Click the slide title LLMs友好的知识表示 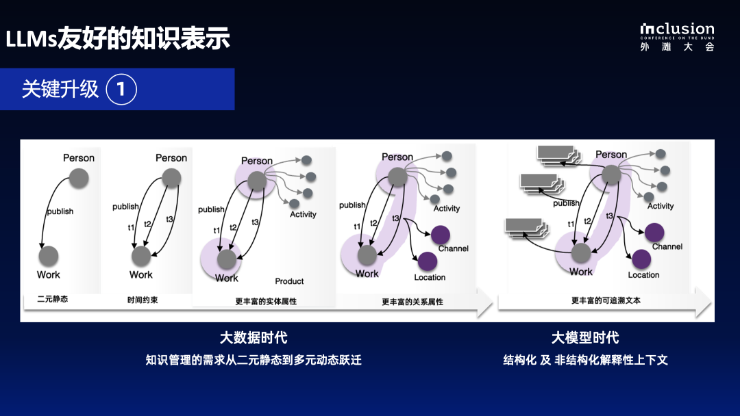[118, 38]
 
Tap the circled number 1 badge [122, 89]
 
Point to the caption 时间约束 [143, 300]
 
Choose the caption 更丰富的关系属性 [412, 301]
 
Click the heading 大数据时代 [254, 337]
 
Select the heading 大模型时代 [585, 337]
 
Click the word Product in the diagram [289, 281]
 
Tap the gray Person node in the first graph [79, 179]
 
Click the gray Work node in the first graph [48, 257]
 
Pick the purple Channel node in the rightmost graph [654, 232]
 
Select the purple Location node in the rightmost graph [641, 259]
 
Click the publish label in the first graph [60, 211]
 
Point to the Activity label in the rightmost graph [661, 206]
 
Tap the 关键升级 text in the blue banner [60, 89]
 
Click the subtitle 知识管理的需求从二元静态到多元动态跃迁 [254, 360]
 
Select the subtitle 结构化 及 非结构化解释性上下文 [585, 360]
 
